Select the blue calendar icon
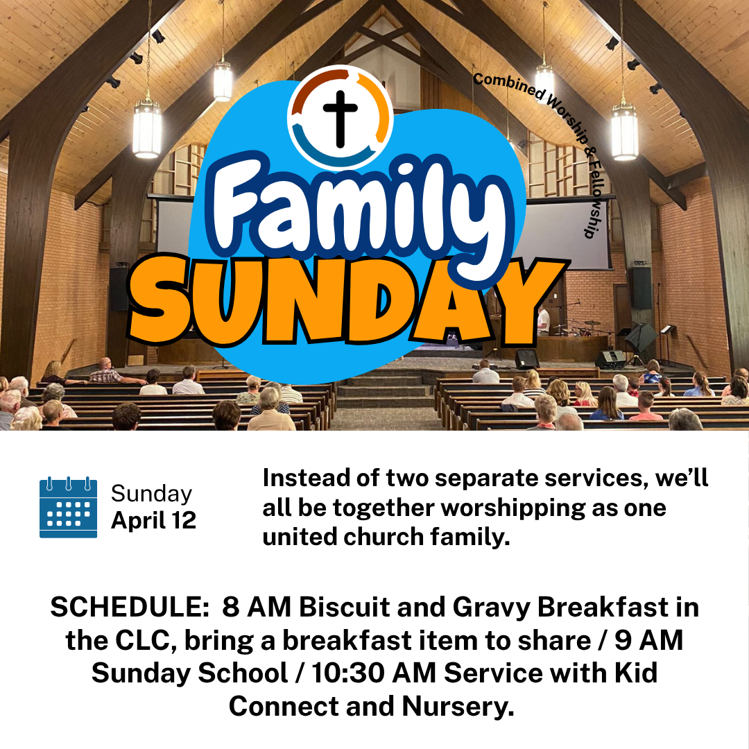click(68, 507)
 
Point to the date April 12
click(153, 519)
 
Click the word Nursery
click(458, 706)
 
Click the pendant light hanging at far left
click(147, 128)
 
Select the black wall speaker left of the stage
click(119, 288)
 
